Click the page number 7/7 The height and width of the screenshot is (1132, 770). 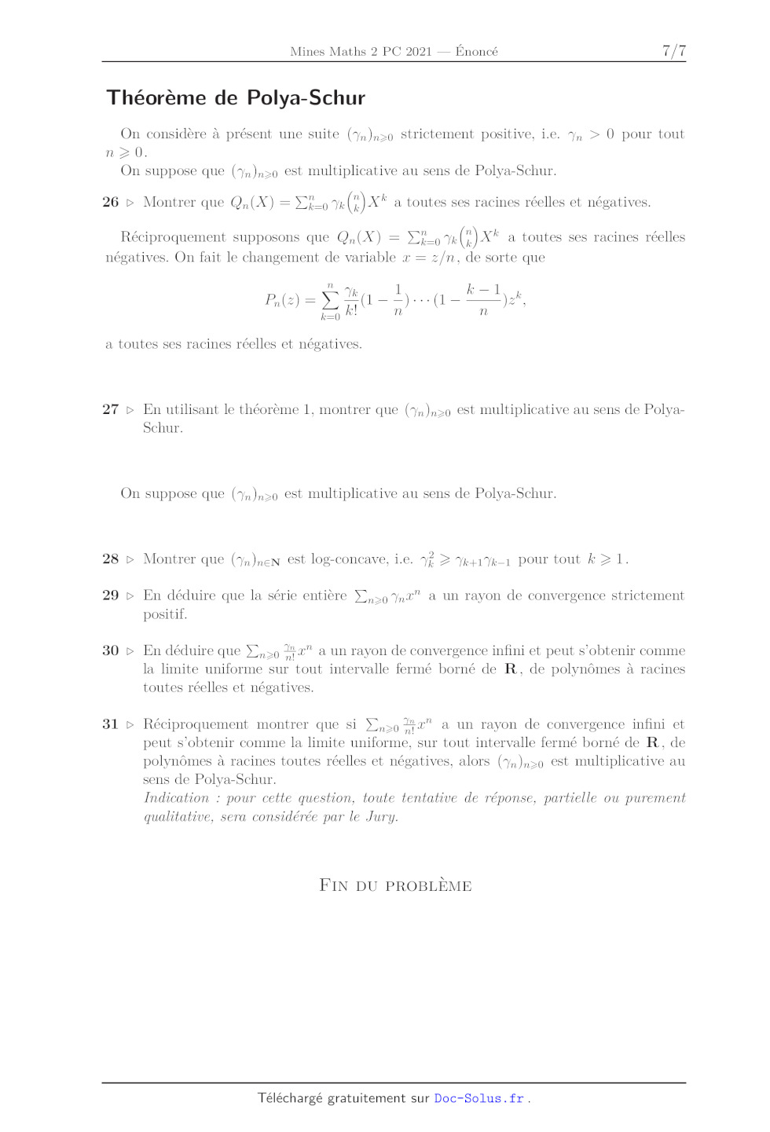click(x=673, y=51)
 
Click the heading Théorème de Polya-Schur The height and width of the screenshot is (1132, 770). click(x=236, y=98)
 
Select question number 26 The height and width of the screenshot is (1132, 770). click(x=110, y=202)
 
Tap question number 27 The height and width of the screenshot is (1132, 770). click(x=110, y=409)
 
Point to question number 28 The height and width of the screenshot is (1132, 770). click(x=110, y=559)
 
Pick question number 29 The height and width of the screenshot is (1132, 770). click(x=110, y=595)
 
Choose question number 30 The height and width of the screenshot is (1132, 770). click(x=110, y=650)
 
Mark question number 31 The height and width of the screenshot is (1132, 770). click(x=110, y=724)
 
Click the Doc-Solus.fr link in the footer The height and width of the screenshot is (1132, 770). click(x=478, y=1098)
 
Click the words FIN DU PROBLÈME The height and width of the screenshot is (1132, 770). click(x=395, y=885)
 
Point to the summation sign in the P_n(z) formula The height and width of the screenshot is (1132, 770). click(x=330, y=300)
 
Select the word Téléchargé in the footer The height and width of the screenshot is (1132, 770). click(x=290, y=1098)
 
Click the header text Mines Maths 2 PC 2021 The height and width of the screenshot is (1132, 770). click(x=361, y=52)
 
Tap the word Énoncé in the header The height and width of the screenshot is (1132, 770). click(x=476, y=52)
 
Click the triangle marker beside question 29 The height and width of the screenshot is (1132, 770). click(x=130, y=596)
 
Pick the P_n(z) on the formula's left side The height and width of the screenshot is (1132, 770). click(x=281, y=300)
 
